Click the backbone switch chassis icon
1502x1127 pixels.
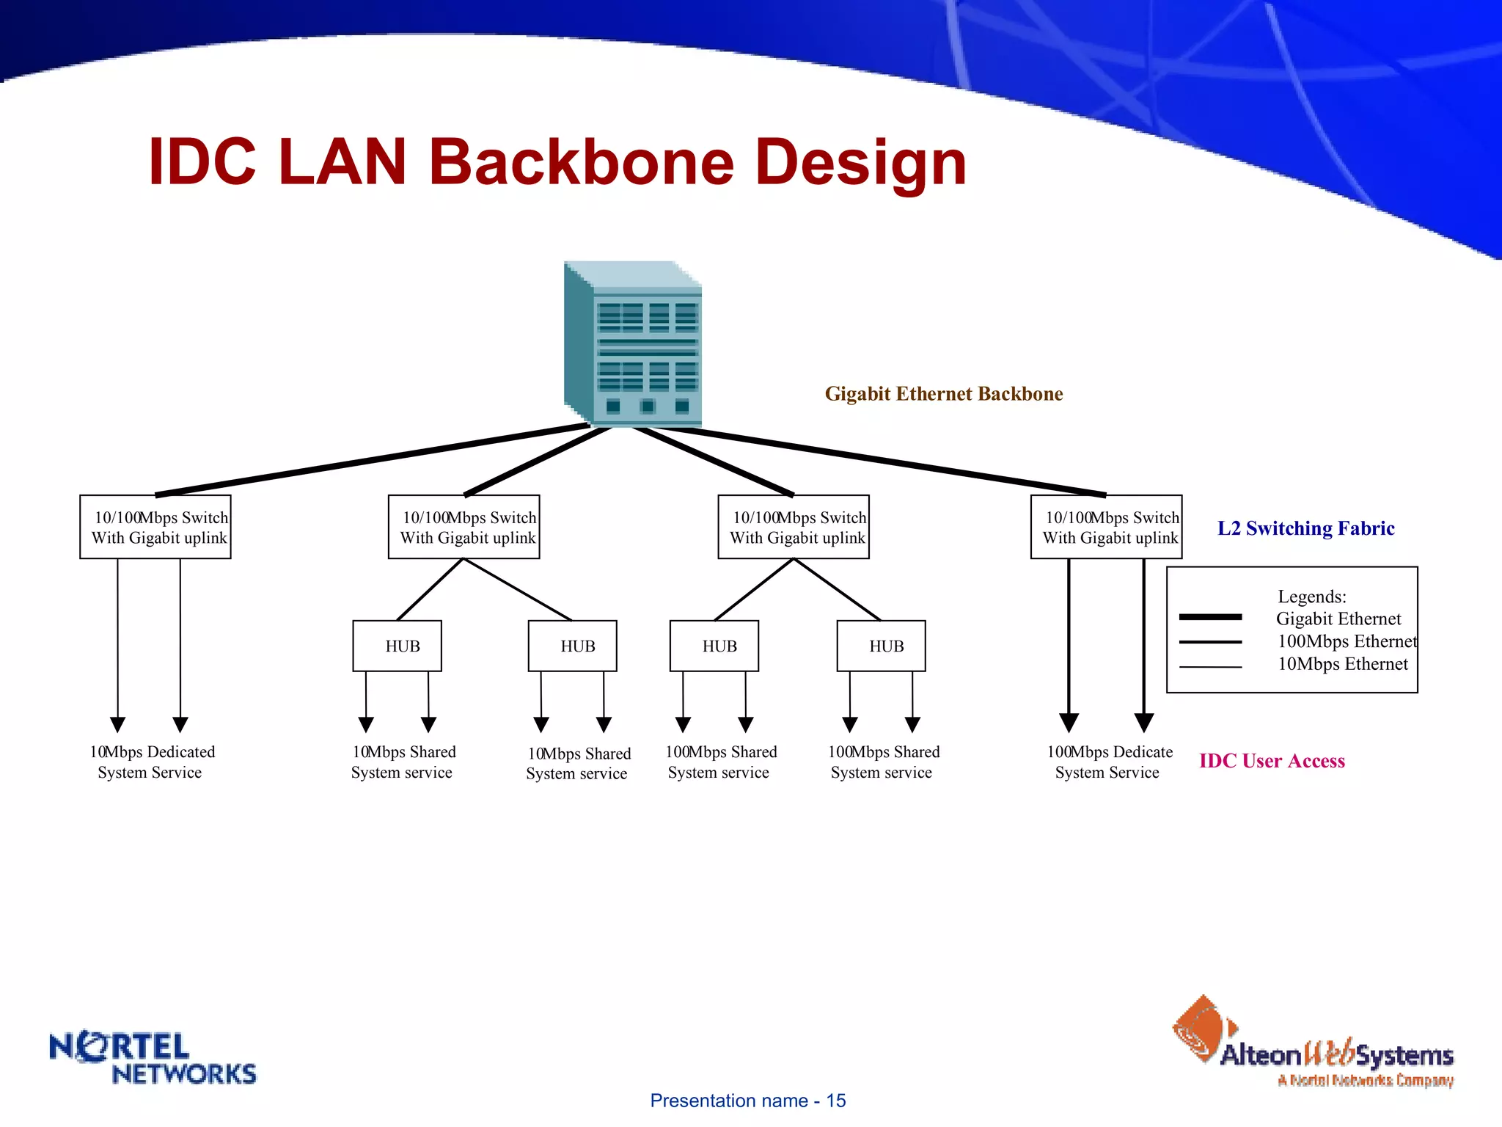tap(633, 343)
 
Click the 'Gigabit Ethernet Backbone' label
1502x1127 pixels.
tap(943, 394)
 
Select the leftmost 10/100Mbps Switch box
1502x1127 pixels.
tap(155, 527)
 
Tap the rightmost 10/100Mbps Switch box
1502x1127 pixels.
tap(1106, 527)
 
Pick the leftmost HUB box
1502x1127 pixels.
tap(397, 646)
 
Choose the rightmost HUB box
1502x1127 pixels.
tap(881, 646)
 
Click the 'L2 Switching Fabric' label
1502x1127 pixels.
tap(1305, 528)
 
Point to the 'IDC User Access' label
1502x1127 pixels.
tap(1272, 761)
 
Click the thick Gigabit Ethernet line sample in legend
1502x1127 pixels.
tap(1210, 617)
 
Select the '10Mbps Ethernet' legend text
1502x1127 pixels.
tap(1342, 664)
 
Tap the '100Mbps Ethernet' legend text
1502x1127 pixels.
tap(1347, 641)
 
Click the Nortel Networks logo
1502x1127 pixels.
tap(153, 1057)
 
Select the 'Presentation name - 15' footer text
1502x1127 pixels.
tap(747, 1101)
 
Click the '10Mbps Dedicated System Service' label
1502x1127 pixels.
tap(151, 762)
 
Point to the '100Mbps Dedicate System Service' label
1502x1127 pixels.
tap(1108, 762)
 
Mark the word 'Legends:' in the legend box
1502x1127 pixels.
tap(1311, 597)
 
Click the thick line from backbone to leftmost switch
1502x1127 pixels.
tap(373, 459)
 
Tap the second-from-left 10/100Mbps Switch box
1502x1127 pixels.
tap(464, 527)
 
